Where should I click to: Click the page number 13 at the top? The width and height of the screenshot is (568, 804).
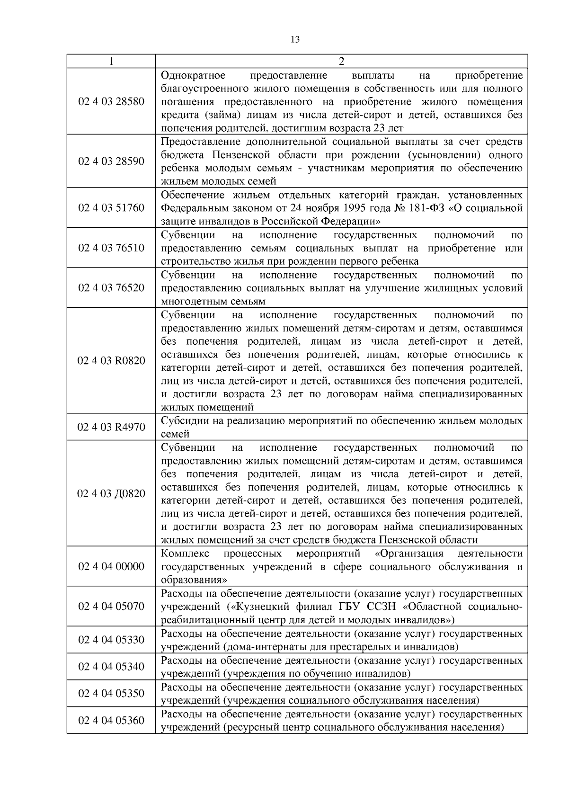tap(294, 40)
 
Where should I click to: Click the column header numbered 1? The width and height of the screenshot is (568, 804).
tap(111, 62)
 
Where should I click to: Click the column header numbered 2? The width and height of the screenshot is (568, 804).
tap(341, 62)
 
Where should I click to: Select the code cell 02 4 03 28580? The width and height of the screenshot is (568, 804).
tap(111, 102)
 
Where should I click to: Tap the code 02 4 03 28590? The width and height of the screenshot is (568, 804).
tap(111, 161)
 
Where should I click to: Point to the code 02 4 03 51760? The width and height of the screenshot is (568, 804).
tap(111, 208)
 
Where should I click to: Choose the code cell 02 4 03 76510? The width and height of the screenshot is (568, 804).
tap(111, 248)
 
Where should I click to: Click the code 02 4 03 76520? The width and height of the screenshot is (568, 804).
tap(111, 288)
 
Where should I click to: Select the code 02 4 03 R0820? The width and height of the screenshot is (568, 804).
tap(111, 361)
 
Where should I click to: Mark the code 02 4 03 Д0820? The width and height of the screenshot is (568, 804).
tap(111, 494)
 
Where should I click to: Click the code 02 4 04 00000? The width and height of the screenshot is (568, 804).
tap(111, 567)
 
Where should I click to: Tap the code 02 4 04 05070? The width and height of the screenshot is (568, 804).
tap(111, 607)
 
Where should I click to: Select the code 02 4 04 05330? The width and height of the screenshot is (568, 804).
tap(111, 640)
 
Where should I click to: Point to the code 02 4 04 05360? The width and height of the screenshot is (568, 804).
tap(111, 721)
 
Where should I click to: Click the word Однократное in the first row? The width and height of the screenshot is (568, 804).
tap(193, 76)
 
